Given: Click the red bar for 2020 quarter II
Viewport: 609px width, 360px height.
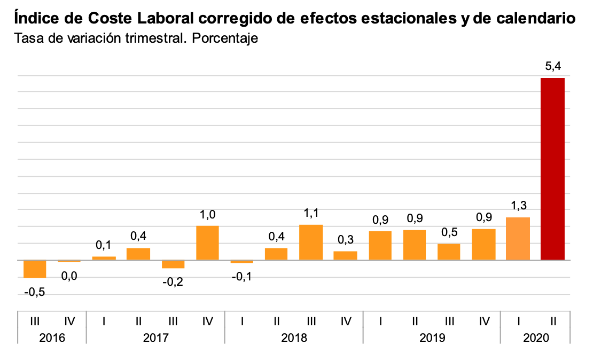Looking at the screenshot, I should pos(552,169).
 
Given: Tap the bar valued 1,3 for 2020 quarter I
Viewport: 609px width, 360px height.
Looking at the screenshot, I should pos(518,239).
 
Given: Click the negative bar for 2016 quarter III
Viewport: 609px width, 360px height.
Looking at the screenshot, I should pos(35,269).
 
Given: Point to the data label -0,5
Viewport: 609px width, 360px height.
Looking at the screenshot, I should pos(35,293).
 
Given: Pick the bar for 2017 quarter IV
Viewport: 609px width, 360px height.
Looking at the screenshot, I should pos(208,243).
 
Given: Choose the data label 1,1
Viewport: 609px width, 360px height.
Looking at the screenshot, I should pos(311,213).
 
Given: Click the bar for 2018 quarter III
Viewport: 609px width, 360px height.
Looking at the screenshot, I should pos(311,242).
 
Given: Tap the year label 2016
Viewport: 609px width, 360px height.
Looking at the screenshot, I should pos(52,338).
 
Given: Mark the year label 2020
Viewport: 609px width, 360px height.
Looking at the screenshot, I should pos(535,338).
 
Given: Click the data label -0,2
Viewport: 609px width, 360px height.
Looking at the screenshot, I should pos(173,281).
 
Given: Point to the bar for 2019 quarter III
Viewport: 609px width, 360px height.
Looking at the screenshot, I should pos(449,252).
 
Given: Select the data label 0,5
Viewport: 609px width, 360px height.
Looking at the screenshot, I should pos(449,232).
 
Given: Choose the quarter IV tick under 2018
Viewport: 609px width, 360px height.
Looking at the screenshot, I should pos(346,321).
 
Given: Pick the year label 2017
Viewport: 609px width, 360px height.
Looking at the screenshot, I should pos(155,338).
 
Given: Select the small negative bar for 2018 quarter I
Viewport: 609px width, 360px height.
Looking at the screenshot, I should pos(242,262).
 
